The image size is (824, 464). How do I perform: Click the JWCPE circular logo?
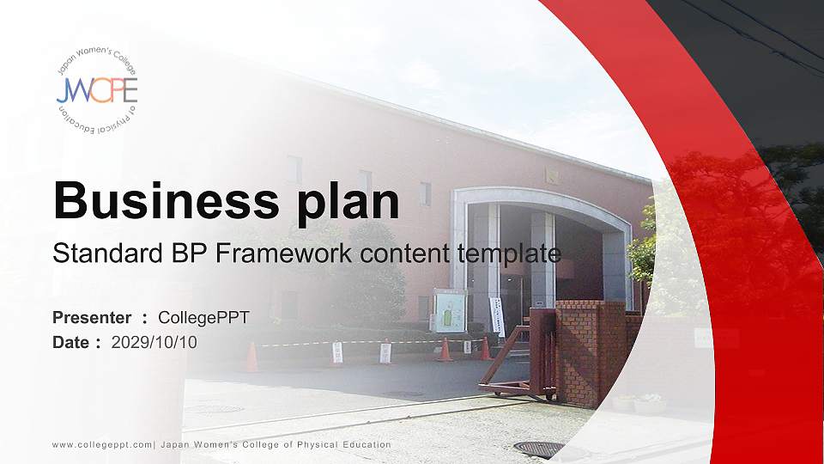(97, 89)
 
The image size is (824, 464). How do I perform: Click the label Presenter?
(92, 318)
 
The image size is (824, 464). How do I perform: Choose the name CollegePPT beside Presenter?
(203, 318)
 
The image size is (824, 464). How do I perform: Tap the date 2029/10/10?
(154, 343)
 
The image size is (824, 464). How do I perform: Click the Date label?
(71, 343)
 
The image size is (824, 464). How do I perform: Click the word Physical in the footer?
(314, 445)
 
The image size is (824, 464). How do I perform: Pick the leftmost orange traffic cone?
(251, 357)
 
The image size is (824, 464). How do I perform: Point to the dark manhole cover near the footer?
(538, 449)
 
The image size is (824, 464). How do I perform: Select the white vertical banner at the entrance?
(497, 315)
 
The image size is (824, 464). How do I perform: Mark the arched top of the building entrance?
(542, 199)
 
